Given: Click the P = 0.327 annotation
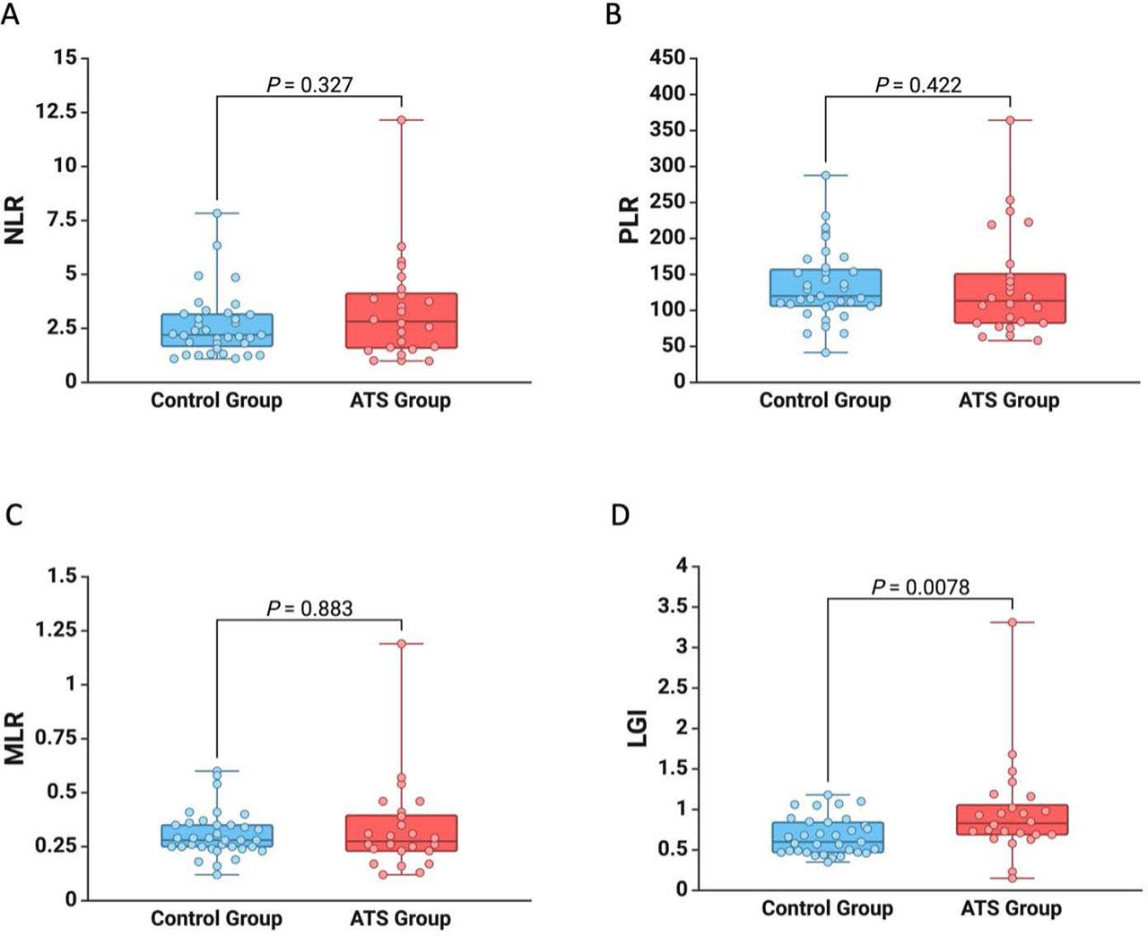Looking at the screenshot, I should (x=309, y=85).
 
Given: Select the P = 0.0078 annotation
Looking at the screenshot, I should (x=920, y=587).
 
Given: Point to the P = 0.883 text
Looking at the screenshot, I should (x=309, y=609).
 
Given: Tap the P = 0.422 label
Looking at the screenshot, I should (x=918, y=85).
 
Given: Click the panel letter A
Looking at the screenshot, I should (x=10, y=15).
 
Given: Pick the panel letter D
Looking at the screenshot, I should (x=619, y=516).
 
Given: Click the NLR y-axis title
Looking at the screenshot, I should (x=15, y=220).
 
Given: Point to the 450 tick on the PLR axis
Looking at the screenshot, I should (x=666, y=58).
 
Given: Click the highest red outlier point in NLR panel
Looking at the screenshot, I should (x=401, y=120).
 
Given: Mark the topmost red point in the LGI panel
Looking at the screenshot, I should (x=1012, y=622).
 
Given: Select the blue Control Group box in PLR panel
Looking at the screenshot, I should (x=825, y=288).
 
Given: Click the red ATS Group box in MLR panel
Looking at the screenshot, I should (x=401, y=833).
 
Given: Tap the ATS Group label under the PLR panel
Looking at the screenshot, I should (x=1009, y=401).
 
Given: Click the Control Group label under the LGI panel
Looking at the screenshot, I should (x=827, y=908).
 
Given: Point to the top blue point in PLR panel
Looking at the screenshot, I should (x=825, y=176).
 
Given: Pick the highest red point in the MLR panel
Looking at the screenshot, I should (x=401, y=644).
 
